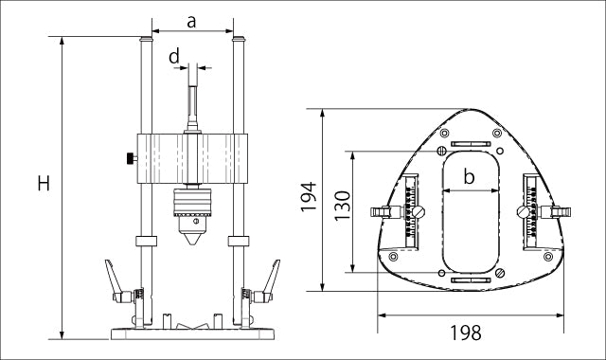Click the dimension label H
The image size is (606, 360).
coord(44,184)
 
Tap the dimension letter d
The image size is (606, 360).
coord(174,57)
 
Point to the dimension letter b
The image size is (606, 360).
coord(469,177)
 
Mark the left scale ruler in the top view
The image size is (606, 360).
coord(411,212)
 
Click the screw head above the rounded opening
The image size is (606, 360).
coord(441,152)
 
